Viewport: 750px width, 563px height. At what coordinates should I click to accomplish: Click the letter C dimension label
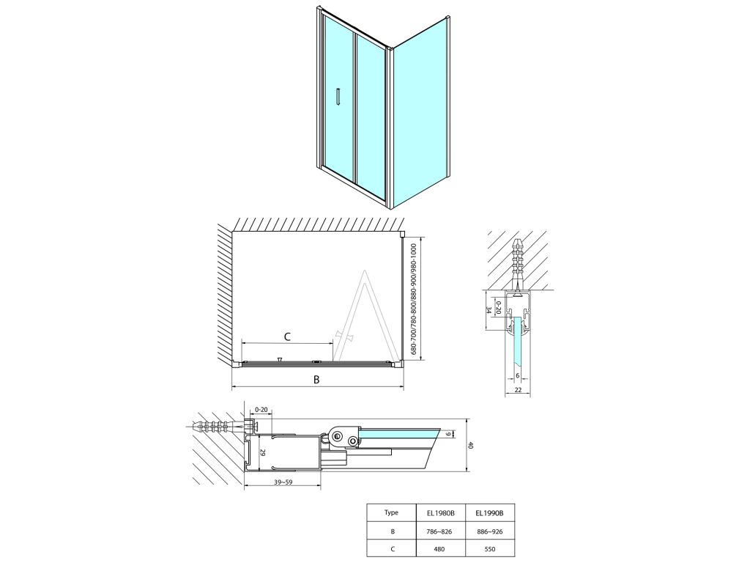click(287, 336)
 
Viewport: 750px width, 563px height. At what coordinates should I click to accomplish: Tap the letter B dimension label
click(316, 380)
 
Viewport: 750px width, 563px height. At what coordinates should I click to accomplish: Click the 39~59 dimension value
click(283, 482)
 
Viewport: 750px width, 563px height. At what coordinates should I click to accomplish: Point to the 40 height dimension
click(470, 445)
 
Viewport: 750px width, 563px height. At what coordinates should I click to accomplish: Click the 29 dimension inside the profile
click(262, 452)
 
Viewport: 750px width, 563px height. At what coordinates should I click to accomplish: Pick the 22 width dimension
click(518, 390)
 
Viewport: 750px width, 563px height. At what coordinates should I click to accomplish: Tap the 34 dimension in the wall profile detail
click(489, 310)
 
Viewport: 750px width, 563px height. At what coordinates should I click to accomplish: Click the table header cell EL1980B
click(440, 513)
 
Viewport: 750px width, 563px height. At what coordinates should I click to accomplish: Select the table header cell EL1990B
click(490, 513)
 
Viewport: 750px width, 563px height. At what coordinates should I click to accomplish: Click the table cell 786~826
click(440, 531)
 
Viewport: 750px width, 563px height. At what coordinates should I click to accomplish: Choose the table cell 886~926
click(490, 531)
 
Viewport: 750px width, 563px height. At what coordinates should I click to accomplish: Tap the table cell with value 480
click(440, 549)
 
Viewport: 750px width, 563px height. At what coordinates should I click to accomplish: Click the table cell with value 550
click(490, 549)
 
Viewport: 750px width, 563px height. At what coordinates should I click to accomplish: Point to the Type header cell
click(391, 512)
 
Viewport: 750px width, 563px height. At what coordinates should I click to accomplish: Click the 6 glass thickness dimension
click(518, 376)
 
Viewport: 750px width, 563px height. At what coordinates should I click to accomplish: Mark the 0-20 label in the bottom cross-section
click(261, 410)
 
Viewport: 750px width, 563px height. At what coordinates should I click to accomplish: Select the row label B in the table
click(393, 531)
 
